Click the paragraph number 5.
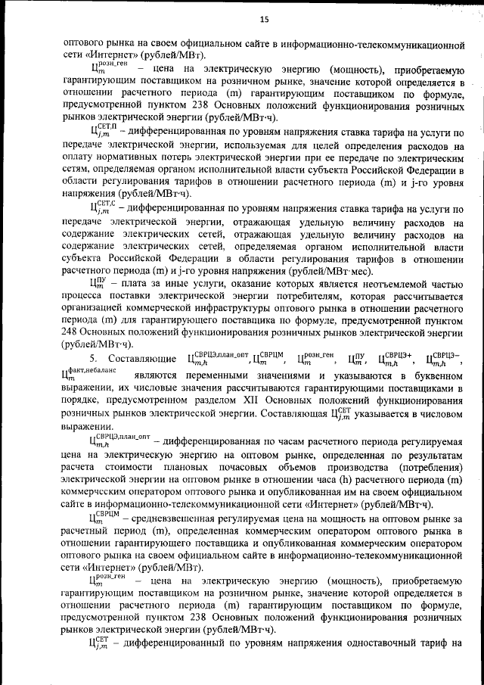point(93,358)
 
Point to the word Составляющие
point(141,358)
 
